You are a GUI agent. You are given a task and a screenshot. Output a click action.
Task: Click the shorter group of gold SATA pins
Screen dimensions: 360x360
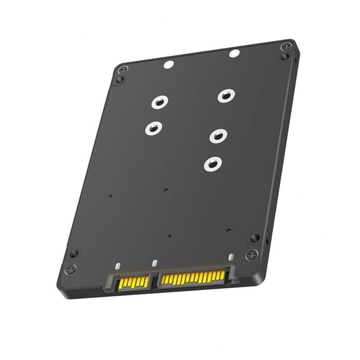coord(134,282)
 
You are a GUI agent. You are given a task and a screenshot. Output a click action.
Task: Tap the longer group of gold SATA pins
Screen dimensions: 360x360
coord(192,277)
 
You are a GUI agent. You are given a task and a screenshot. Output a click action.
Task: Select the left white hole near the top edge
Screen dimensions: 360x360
coord(168,64)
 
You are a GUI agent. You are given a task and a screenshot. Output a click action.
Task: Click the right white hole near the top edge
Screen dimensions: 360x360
coord(234,54)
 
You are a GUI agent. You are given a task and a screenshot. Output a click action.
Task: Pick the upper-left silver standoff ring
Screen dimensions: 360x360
coord(159,101)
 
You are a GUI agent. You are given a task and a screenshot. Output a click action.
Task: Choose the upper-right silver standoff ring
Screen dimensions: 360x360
coord(226,96)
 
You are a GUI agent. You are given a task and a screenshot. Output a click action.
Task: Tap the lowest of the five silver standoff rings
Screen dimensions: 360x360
coord(212,164)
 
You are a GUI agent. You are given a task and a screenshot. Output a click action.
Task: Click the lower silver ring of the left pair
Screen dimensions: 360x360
coord(153,129)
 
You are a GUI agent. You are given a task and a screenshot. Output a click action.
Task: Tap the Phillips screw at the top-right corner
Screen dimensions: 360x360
coord(286,46)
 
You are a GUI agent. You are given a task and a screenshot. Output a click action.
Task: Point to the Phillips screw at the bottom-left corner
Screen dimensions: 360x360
coord(71,269)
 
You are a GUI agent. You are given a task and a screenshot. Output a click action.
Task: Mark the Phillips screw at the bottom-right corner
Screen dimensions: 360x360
coord(251,254)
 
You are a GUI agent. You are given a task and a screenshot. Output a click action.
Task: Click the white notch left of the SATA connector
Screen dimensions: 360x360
coord(117,266)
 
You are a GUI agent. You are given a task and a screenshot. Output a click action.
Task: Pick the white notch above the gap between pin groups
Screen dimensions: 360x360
coord(153,262)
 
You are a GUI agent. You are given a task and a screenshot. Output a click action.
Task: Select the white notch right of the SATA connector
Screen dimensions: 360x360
coord(231,257)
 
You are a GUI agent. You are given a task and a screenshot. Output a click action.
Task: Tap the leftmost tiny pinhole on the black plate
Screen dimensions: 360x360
coord(110,196)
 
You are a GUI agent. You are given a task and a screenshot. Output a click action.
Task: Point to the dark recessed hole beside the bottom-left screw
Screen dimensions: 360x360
coord(74,254)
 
